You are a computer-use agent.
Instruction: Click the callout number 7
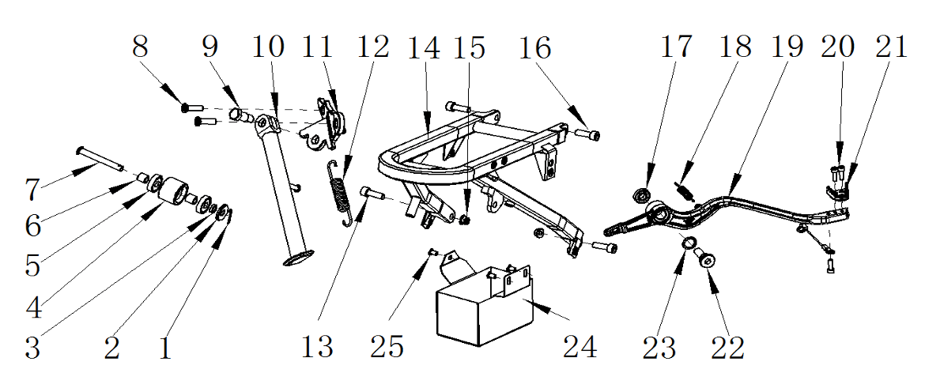pos(32,189)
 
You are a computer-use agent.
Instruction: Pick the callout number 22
pos(727,347)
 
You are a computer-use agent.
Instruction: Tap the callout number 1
pos(164,347)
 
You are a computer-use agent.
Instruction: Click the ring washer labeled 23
pos(689,242)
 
